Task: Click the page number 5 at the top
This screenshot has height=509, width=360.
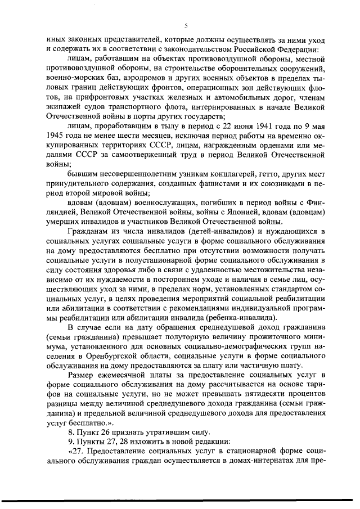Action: (186, 25)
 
